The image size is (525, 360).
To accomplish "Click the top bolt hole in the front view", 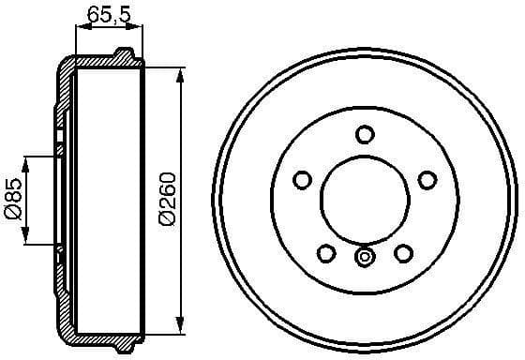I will coord(365,134).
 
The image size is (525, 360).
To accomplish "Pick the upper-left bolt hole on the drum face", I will coord(303,179).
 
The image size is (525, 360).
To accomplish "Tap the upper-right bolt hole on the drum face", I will coord(427,179).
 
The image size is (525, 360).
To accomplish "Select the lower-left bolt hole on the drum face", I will coord(326,252).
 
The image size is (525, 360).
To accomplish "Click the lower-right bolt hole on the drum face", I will coord(404,252).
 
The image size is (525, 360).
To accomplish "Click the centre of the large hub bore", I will coord(365,200).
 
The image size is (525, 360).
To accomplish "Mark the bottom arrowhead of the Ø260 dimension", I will coord(180,327).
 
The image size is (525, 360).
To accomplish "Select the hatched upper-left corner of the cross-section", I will coord(66,71).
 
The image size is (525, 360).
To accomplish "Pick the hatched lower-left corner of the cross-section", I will coord(66,328).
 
